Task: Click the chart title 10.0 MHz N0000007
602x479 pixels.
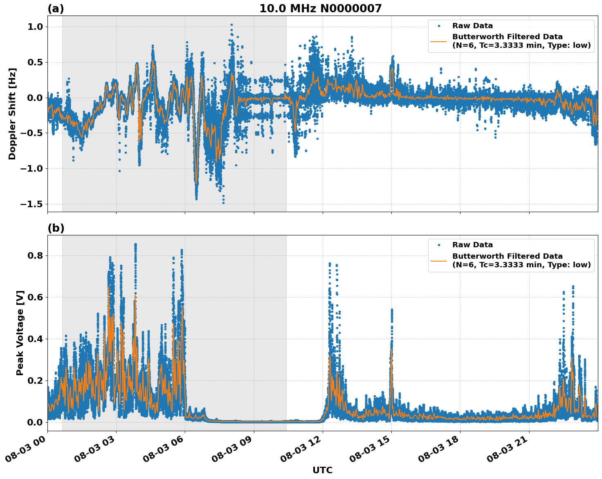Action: pos(320,9)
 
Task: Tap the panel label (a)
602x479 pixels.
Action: pos(56,9)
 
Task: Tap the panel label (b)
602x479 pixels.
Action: pos(56,228)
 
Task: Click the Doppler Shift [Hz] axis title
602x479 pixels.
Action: pos(12,114)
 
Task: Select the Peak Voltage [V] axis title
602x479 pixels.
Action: pos(20,333)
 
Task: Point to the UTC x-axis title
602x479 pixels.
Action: pos(322,470)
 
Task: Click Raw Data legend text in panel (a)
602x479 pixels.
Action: pos(472,26)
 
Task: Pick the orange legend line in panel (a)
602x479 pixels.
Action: pos(439,41)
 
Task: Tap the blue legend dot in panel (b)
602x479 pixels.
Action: pos(439,245)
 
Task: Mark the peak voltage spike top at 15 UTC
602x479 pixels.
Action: pos(391,310)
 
